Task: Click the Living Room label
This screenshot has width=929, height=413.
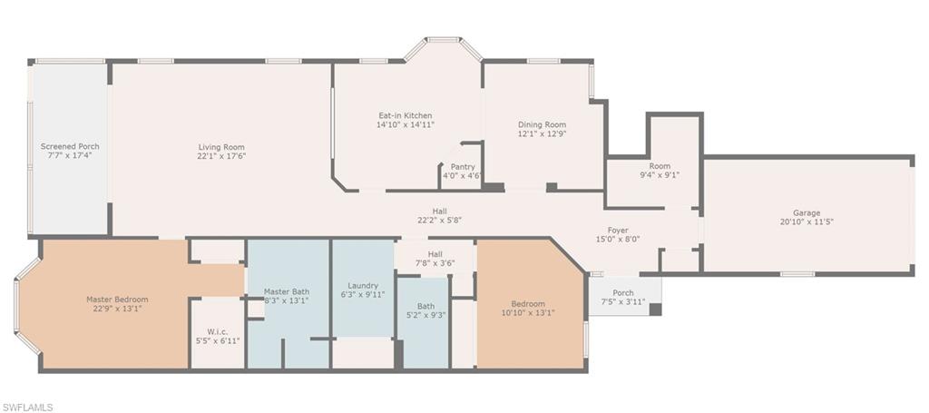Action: click(x=221, y=147)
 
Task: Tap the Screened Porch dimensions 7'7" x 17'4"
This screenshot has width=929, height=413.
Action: click(x=70, y=154)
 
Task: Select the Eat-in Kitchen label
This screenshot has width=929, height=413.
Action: click(x=406, y=115)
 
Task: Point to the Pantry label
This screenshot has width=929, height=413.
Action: click(x=462, y=167)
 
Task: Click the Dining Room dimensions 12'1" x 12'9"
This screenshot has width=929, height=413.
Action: click(x=543, y=133)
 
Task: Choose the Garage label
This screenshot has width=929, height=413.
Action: click(x=807, y=212)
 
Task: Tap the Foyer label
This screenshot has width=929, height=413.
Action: click(x=617, y=230)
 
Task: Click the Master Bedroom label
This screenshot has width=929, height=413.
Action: click(x=117, y=300)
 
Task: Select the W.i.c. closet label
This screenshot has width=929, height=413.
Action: click(x=218, y=332)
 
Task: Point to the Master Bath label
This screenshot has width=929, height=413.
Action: click(x=286, y=291)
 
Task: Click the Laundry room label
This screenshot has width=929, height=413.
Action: click(x=363, y=286)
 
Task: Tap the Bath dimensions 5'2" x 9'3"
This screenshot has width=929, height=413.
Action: click(x=425, y=315)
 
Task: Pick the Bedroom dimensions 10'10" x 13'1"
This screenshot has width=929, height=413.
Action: click(x=529, y=312)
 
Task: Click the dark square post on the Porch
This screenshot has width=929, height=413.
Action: click(x=655, y=310)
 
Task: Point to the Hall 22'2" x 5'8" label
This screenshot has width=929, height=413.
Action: click(x=440, y=215)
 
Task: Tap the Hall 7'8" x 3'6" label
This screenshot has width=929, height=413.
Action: click(x=435, y=259)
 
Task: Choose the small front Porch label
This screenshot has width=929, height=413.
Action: click(x=622, y=292)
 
